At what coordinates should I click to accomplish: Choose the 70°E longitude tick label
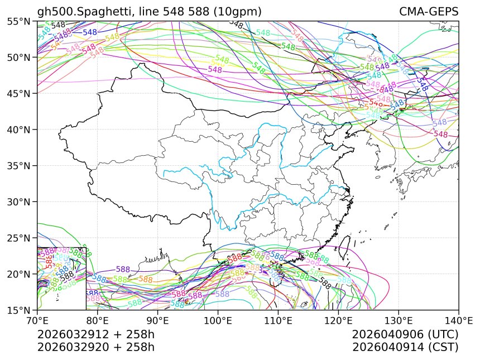pos(37,321)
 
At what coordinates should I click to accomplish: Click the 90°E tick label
pos(158,321)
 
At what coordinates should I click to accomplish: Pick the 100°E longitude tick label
pos(218,321)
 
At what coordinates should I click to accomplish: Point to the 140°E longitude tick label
pos(459,321)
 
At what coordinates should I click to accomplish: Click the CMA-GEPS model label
pos(429,12)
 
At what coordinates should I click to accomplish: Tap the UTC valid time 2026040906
pos(406,334)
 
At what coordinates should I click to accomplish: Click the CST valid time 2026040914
pos(406,347)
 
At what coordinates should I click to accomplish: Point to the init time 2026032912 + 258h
pos(96,334)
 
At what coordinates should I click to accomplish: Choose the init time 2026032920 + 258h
pos(96,347)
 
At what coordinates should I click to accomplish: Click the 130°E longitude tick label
pos(399,321)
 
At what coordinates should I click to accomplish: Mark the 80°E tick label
pos(98,321)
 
